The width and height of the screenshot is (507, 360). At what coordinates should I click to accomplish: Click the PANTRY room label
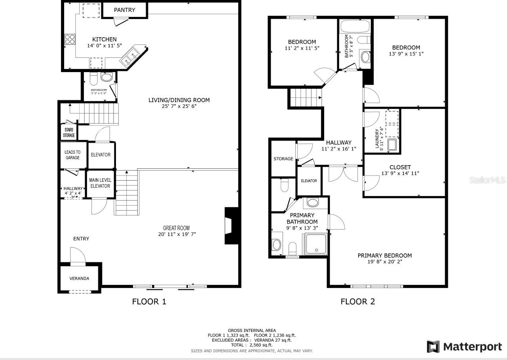click(x=125, y=10)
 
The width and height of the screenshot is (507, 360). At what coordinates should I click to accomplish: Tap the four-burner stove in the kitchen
click(x=70, y=39)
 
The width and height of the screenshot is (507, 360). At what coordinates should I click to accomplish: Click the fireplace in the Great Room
click(x=231, y=226)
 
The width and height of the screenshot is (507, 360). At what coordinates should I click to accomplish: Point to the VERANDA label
click(x=79, y=278)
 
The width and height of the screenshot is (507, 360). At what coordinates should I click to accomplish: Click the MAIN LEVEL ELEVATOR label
click(x=100, y=183)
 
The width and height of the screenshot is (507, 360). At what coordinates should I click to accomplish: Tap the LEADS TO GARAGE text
click(x=72, y=155)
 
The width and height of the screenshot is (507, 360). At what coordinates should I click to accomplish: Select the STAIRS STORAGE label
click(x=69, y=132)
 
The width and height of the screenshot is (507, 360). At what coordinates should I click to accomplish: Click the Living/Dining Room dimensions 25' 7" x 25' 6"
click(x=179, y=106)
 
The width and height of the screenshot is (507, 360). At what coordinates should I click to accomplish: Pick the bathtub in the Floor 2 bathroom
click(x=355, y=26)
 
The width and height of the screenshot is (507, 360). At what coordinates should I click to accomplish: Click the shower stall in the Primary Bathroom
click(x=316, y=244)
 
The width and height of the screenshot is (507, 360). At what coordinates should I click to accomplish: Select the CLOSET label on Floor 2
click(x=400, y=167)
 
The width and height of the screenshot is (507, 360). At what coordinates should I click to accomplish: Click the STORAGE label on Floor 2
click(x=283, y=159)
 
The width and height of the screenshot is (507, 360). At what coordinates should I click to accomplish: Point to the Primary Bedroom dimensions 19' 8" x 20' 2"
click(x=385, y=262)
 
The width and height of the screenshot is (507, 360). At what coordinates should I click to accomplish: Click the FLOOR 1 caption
click(x=149, y=302)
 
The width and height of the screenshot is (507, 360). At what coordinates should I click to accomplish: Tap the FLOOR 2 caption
click(x=358, y=302)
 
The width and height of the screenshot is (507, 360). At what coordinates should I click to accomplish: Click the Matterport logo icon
click(x=433, y=347)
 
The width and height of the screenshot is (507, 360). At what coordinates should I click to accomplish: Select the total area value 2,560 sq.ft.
click(x=261, y=345)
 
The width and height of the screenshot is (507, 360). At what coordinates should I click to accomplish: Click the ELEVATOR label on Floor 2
click(x=309, y=181)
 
